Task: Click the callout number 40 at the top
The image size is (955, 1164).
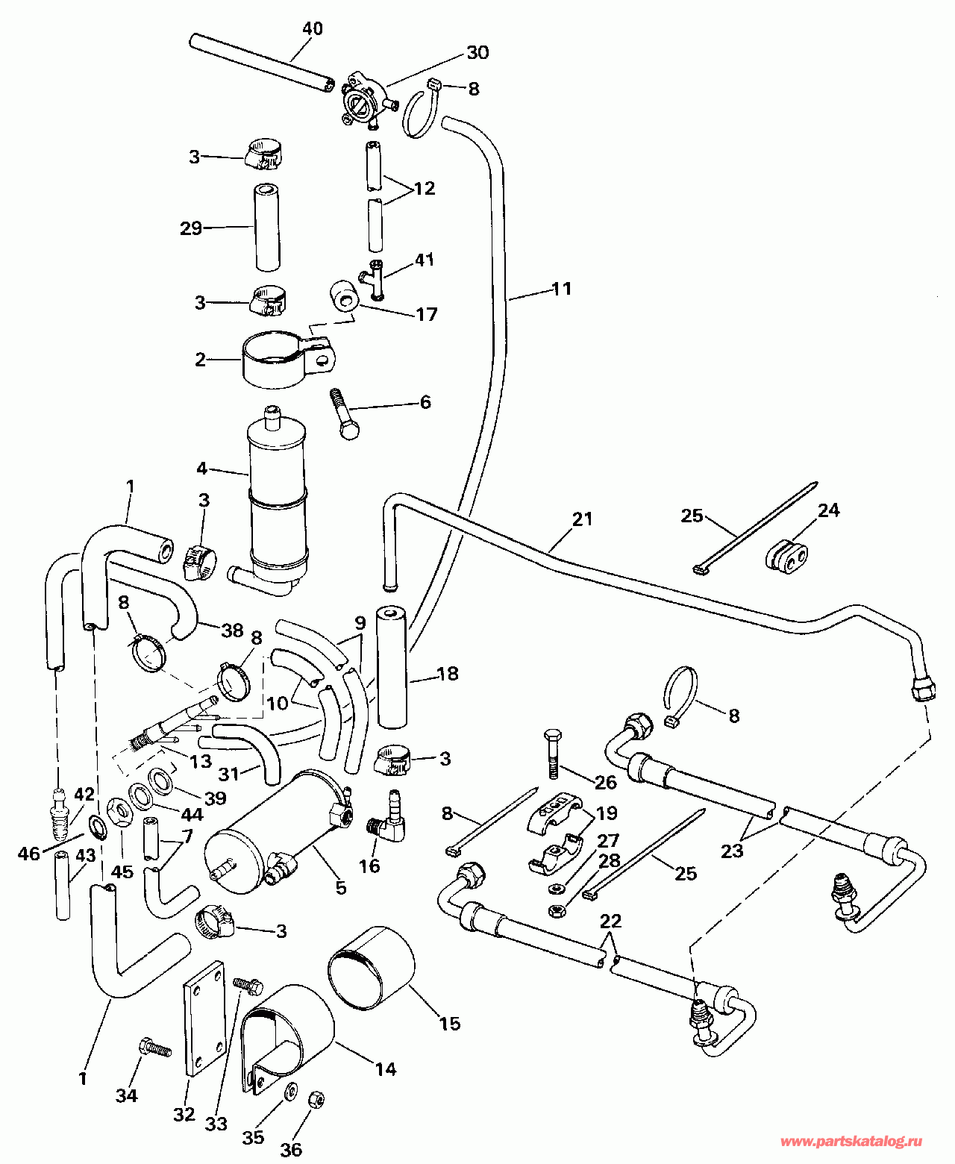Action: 313,28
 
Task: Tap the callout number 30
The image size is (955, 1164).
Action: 477,52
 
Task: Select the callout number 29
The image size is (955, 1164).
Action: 191,228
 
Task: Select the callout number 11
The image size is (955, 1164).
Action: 561,289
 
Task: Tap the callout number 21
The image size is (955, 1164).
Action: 582,519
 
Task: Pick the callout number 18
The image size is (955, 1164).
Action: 448,674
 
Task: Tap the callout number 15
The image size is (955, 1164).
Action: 450,1023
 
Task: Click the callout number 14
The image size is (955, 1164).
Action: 385,1069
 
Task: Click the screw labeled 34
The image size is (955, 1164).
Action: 154,1048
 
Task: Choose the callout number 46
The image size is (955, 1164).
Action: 28,854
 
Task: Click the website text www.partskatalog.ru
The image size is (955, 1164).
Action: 851,1142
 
